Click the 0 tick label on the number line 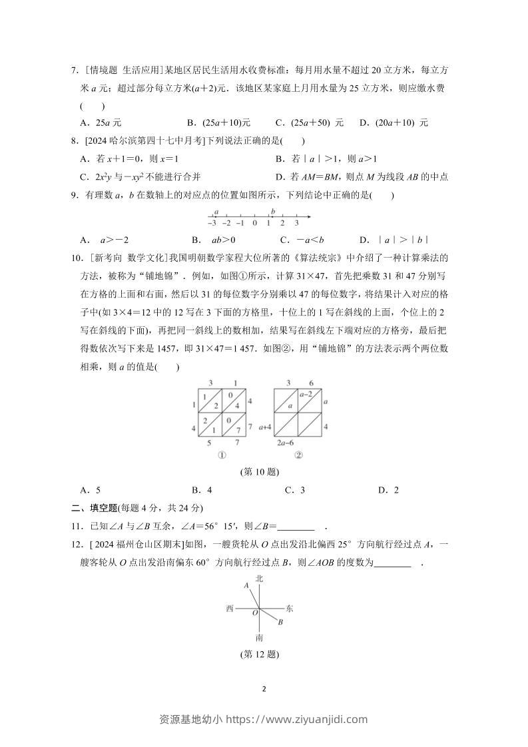pyautogui.click(x=255, y=224)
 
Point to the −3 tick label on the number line pyautogui.click(x=212, y=224)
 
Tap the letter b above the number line pyautogui.click(x=273, y=211)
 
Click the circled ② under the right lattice pyautogui.click(x=298, y=455)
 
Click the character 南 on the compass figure pyautogui.click(x=259, y=637)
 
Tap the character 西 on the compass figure pyautogui.click(x=230, y=609)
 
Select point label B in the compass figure pyautogui.click(x=280, y=622)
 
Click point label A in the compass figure pyautogui.click(x=246, y=585)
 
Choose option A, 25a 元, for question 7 pyautogui.click(x=100, y=123)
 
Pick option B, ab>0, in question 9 pyautogui.click(x=208, y=240)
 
